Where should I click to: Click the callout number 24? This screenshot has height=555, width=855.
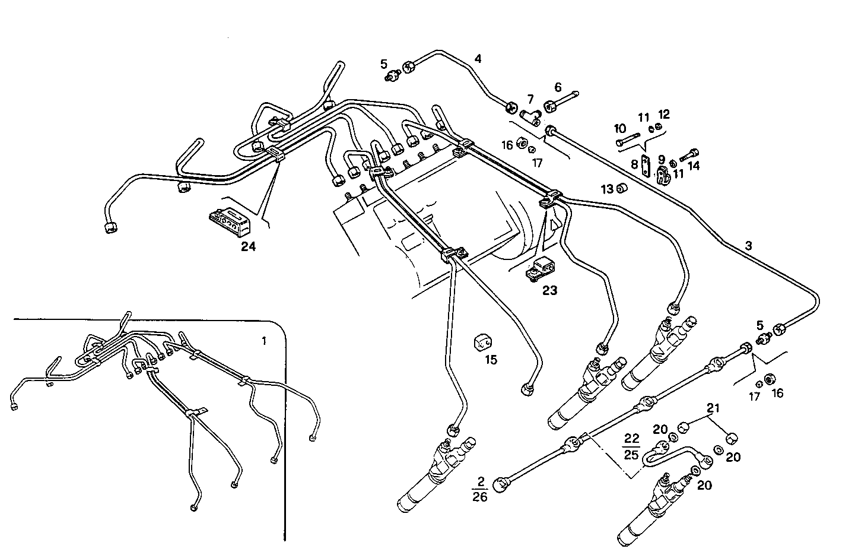[x=248, y=246]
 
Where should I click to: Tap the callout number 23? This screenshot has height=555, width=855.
[x=549, y=290]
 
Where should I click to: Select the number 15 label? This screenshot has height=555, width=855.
[x=490, y=360]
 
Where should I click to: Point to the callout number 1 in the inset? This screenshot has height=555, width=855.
[x=264, y=341]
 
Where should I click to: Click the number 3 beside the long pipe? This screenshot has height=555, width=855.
[x=748, y=245]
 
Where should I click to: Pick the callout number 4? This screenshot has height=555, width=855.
[x=478, y=59]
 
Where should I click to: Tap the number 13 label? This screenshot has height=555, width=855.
[x=606, y=189]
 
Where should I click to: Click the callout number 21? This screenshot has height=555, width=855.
[x=713, y=408]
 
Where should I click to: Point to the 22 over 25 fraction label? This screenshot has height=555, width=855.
[x=632, y=446]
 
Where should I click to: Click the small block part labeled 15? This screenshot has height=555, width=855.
[x=483, y=342]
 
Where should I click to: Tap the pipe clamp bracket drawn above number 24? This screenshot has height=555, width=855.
[x=230, y=220]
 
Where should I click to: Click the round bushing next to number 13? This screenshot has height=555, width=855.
[x=621, y=189]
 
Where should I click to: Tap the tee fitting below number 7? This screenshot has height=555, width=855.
[x=527, y=115]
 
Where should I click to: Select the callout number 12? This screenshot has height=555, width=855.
[x=663, y=115]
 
